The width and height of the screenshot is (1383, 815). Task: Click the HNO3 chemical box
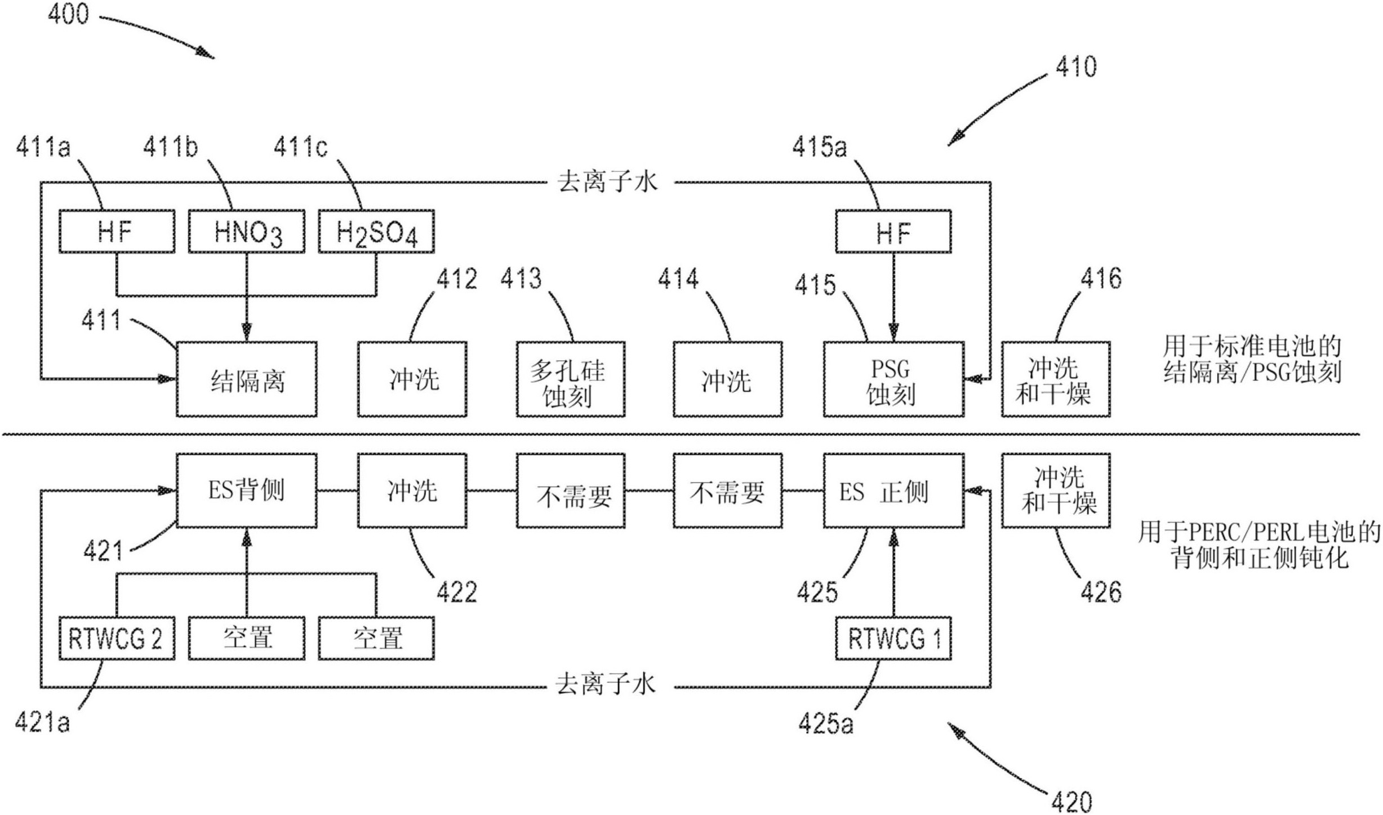tap(246, 232)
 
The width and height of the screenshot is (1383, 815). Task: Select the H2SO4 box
tap(376, 232)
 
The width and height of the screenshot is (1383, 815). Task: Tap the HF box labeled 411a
tap(117, 232)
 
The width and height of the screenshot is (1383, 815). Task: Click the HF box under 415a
tap(893, 232)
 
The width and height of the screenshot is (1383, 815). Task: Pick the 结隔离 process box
tap(246, 379)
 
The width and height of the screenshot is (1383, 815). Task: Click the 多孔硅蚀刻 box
tap(570, 379)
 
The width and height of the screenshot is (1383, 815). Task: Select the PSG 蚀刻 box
tap(893, 379)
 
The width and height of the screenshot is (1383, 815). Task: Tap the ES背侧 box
tap(246, 491)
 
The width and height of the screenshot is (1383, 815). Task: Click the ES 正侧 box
tap(893, 491)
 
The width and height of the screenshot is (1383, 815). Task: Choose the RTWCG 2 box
tap(117, 639)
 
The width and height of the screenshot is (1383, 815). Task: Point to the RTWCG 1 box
tap(893, 639)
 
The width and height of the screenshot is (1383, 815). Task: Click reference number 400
tap(68, 14)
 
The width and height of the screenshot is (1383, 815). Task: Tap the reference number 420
tap(1071, 801)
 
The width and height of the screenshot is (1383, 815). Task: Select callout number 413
tap(521, 278)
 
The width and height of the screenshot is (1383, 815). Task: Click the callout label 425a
tap(825, 723)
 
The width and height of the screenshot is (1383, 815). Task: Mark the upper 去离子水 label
tap(607, 182)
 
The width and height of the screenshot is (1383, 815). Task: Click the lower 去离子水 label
tap(606, 685)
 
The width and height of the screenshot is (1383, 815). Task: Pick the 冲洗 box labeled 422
tap(412, 491)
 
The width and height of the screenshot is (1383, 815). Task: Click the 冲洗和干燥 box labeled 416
tap(1055, 379)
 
